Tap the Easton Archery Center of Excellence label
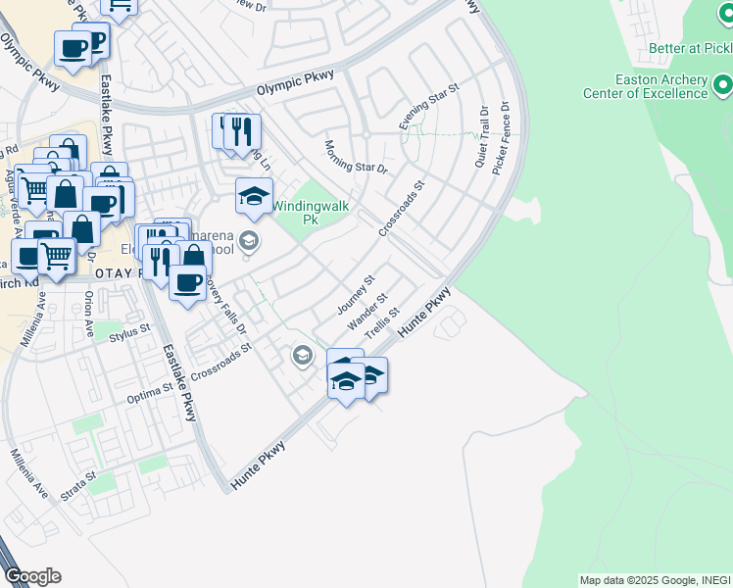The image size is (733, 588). (x=660, y=86)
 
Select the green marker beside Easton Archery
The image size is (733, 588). (x=723, y=86)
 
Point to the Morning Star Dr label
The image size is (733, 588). (x=356, y=156)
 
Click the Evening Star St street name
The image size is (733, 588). (x=429, y=107)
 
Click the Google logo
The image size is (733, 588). (x=32, y=576)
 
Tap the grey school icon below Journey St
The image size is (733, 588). (x=303, y=355)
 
